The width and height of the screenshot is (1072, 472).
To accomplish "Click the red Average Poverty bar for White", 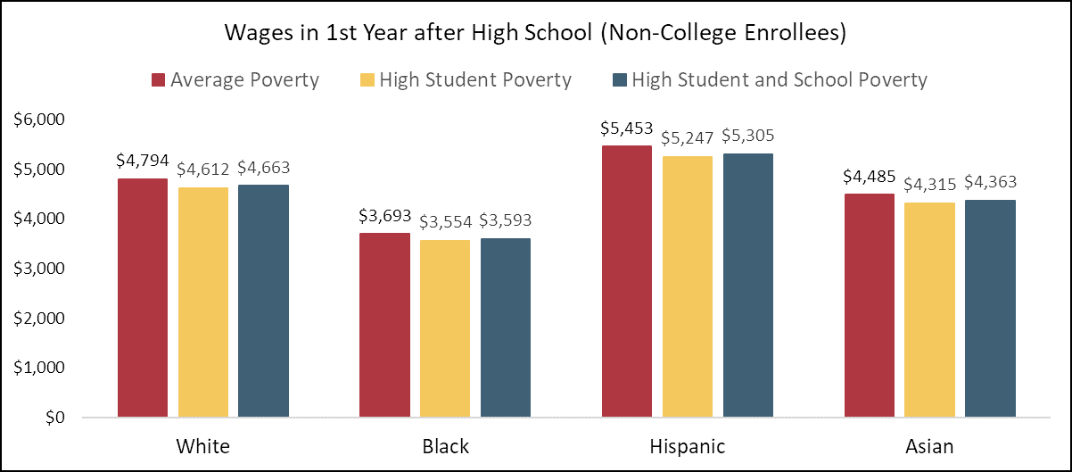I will click(142, 298).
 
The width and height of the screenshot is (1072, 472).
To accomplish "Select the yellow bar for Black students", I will click(445, 328).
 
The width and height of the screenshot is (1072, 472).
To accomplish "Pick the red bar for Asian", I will click(869, 305).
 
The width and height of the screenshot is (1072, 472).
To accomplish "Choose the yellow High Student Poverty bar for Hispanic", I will click(687, 286).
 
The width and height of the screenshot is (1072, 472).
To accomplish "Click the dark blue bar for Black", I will click(505, 327).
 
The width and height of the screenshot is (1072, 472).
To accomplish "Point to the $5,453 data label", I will click(626, 129).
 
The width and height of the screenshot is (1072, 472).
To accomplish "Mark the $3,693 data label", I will click(384, 217).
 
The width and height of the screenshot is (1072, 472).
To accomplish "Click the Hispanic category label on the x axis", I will click(687, 446).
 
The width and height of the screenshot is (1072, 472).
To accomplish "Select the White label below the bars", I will click(202, 446).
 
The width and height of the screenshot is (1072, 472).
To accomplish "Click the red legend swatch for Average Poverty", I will click(159, 80).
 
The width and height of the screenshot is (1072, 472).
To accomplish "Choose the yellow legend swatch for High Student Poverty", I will click(367, 80).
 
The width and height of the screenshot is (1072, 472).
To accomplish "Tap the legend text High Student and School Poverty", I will click(779, 80).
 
